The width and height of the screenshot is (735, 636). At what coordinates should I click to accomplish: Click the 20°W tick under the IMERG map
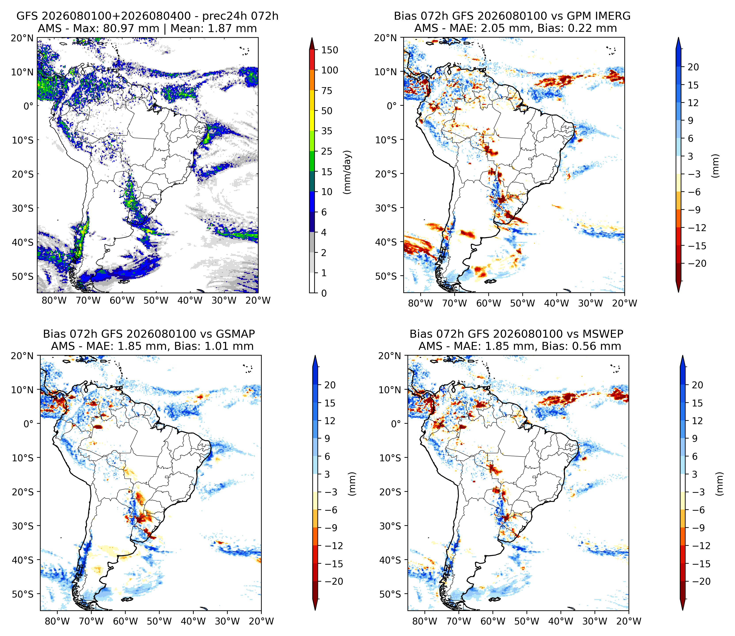[x=625, y=303]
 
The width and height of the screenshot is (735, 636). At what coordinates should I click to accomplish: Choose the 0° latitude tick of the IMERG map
[x=392, y=106]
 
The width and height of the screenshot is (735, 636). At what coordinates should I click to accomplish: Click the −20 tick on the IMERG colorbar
[x=696, y=264]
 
